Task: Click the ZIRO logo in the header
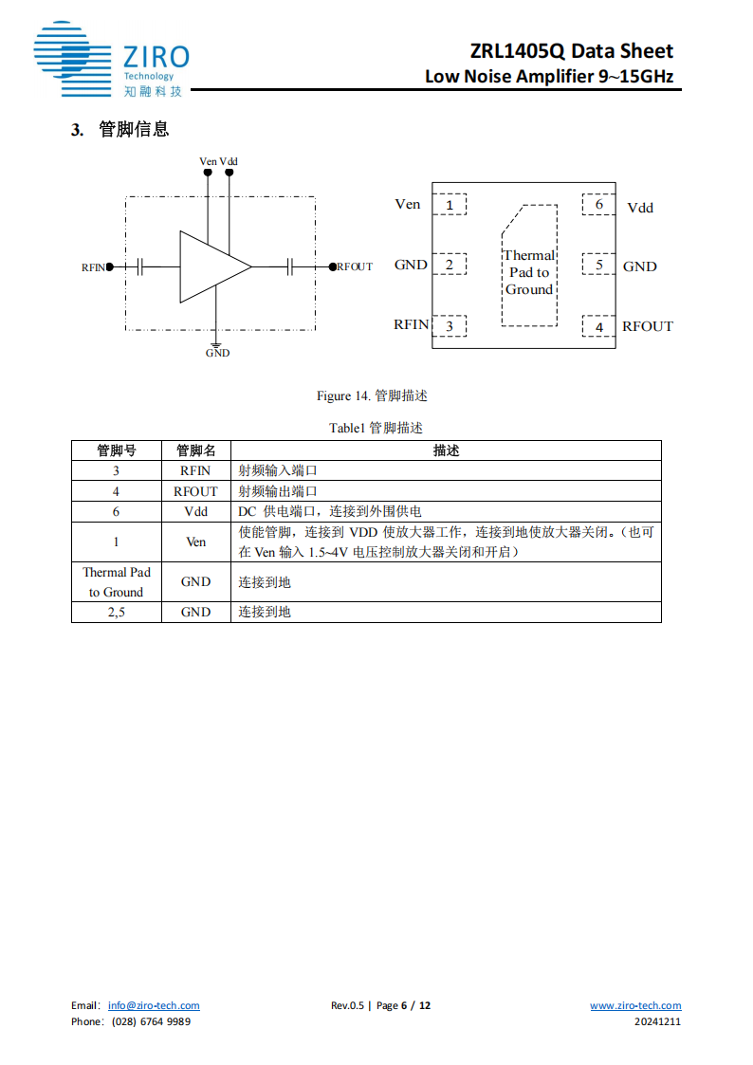tap(111, 59)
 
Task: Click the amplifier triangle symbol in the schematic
tap(212, 266)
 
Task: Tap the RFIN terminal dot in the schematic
tap(110, 266)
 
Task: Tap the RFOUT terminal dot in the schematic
tap(332, 266)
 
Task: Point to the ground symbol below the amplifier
tap(217, 344)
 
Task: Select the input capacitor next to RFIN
tap(140, 266)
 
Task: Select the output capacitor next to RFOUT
tap(291, 266)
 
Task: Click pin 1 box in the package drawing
tap(450, 205)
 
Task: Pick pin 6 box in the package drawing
tap(598, 205)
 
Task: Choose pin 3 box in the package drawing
tap(450, 326)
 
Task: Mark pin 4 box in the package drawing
tap(598, 327)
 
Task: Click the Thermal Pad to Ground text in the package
tap(529, 272)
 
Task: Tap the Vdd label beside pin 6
tap(640, 208)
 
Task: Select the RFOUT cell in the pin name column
tap(195, 491)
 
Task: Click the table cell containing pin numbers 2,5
tap(116, 612)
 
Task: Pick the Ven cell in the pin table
tap(195, 542)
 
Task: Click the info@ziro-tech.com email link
tap(154, 1005)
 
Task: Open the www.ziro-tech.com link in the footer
tap(635, 1005)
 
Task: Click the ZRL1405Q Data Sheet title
tap(571, 51)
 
